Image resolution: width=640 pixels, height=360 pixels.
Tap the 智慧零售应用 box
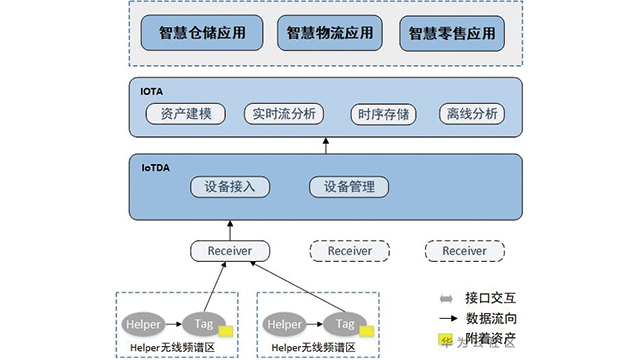pyautogui.click(x=451, y=33)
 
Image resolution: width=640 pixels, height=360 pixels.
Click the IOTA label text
pyautogui.click(x=152, y=91)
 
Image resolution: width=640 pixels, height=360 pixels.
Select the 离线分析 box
pyautogui.click(x=468, y=114)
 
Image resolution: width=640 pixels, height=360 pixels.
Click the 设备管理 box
pyautogui.click(x=342, y=187)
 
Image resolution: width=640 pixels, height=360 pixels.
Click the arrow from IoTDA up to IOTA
pyautogui.click(x=326, y=147)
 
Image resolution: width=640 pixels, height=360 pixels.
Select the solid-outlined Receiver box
pyautogui.click(x=229, y=250)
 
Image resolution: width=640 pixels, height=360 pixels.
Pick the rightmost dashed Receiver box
pyautogui.click(x=463, y=250)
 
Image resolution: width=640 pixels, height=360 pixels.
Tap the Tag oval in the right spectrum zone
pyautogui.click(x=345, y=324)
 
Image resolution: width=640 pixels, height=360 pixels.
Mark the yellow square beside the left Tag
pyautogui.click(x=226, y=330)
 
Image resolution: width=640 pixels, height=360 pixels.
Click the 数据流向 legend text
pyautogui.click(x=491, y=319)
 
